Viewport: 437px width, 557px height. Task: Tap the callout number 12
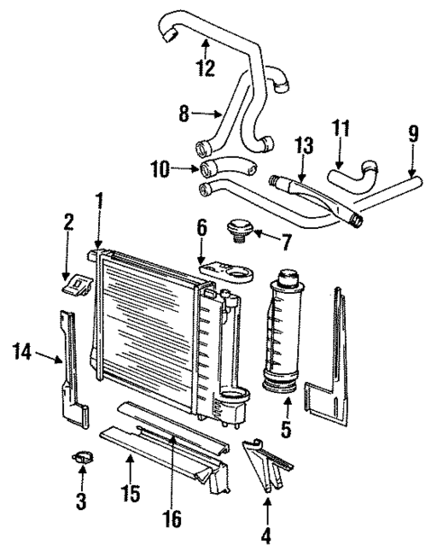click(x=205, y=67)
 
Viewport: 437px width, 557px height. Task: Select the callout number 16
click(x=172, y=517)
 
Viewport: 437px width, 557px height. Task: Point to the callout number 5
click(x=286, y=429)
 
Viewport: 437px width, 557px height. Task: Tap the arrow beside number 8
click(x=208, y=114)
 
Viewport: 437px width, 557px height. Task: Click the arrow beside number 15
click(x=130, y=471)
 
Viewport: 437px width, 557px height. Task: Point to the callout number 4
click(x=266, y=535)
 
